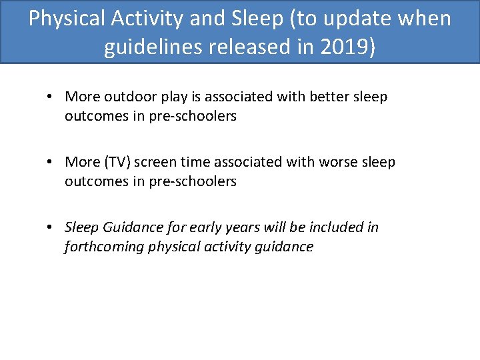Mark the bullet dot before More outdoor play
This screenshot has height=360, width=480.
coord(50,97)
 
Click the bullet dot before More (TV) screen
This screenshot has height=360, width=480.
coord(50,163)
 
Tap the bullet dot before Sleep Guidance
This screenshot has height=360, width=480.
coord(50,228)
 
